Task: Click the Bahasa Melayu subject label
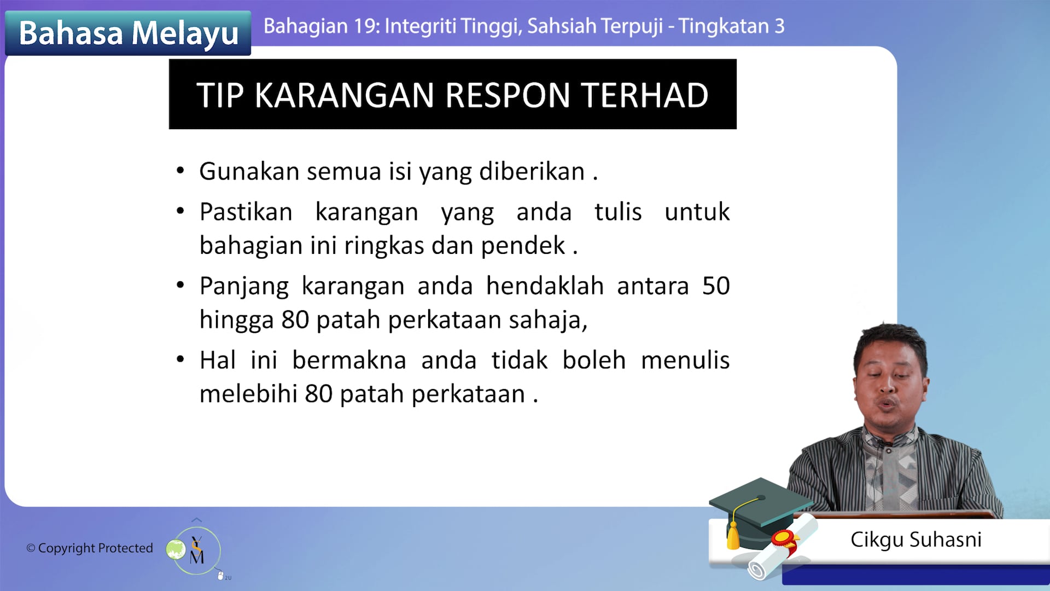click(x=129, y=33)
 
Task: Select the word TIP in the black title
click(x=220, y=95)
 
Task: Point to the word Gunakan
click(x=248, y=171)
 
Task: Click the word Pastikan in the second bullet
click(x=246, y=212)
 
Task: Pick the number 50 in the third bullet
click(x=715, y=286)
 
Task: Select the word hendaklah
click(x=545, y=286)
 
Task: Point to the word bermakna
click(x=349, y=361)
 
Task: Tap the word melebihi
click(x=248, y=394)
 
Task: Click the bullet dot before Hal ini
click(x=180, y=360)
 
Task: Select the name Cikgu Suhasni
click(x=916, y=540)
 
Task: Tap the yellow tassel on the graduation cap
click(x=733, y=536)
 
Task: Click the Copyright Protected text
click(x=90, y=548)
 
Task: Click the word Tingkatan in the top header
click(x=724, y=26)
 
